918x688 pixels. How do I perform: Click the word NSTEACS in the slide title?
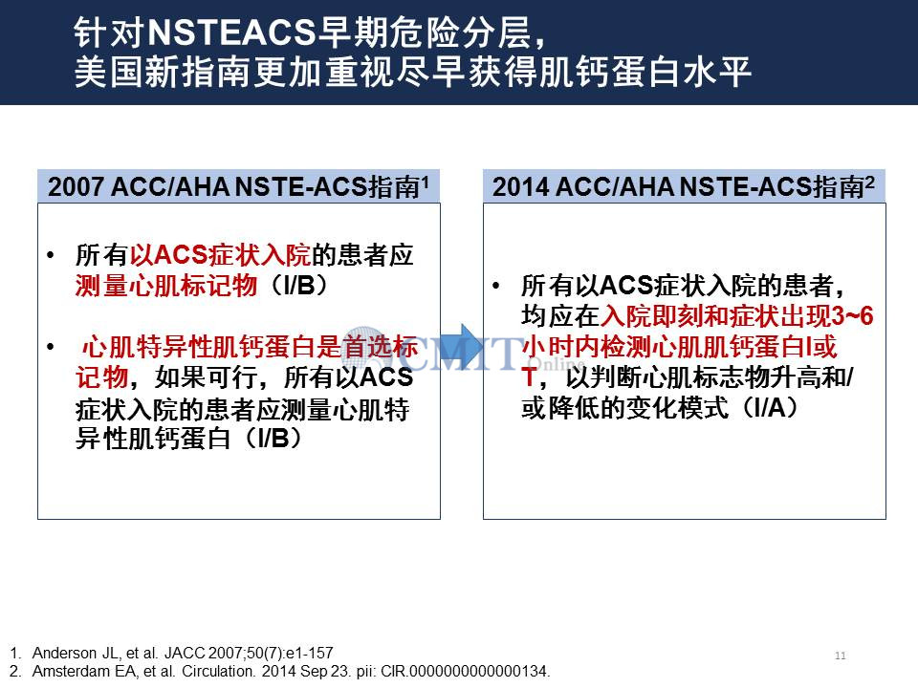(x=231, y=32)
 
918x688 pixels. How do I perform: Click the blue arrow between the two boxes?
(x=461, y=347)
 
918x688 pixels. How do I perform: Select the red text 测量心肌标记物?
(x=166, y=286)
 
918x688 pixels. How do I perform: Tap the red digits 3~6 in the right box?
(x=852, y=316)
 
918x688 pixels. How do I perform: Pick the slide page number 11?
(x=841, y=656)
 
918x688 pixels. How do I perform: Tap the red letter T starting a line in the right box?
(x=529, y=377)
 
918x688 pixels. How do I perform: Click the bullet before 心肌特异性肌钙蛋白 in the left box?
(x=51, y=347)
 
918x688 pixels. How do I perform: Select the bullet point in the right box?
(x=496, y=286)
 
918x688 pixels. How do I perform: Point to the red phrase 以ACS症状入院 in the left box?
(x=220, y=255)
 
